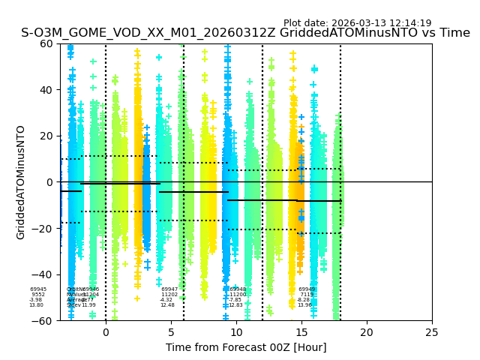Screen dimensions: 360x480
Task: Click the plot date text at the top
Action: pos(357,23)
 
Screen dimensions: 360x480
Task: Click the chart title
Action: pos(245,34)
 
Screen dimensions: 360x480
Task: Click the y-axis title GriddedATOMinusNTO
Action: pos(21,182)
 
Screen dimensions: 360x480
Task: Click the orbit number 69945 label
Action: pos(38,289)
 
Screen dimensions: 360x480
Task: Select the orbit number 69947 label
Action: pos(169,289)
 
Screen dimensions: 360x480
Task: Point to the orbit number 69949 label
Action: pos(307,289)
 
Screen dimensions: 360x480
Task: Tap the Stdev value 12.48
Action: pos(167,305)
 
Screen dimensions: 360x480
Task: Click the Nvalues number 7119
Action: pos(307,295)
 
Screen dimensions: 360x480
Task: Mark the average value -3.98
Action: pos(35,300)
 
